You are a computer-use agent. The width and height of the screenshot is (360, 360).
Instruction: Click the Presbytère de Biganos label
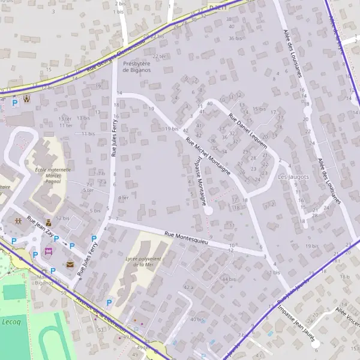click(x=136, y=67)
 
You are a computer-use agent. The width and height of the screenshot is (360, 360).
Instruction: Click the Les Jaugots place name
click(x=293, y=177)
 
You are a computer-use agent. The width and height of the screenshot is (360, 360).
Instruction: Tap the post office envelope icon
click(x=70, y=264)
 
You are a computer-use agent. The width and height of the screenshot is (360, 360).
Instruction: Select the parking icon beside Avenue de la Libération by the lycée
click(x=109, y=302)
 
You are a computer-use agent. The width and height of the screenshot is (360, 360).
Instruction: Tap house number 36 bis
click(x=235, y=38)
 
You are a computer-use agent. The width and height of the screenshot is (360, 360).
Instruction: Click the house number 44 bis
click(x=229, y=280)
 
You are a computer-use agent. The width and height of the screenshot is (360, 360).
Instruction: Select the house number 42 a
click(x=189, y=288)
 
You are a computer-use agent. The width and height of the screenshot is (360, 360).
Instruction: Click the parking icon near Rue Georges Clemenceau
click(x=15, y=103)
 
